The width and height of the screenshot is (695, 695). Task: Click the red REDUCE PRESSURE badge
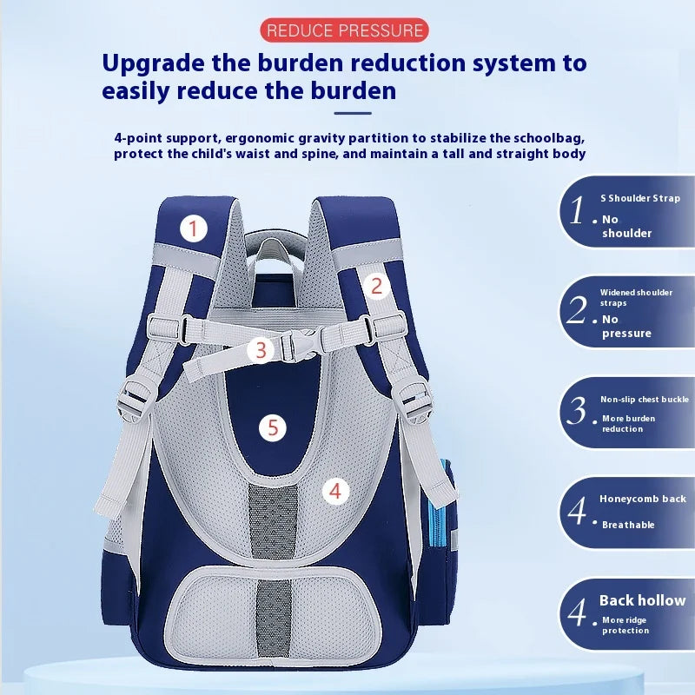pyautogui.click(x=344, y=30)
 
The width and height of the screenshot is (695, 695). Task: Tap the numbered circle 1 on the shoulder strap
pyautogui.click(x=193, y=228)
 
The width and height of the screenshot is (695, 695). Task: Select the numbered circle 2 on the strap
pyautogui.click(x=376, y=286)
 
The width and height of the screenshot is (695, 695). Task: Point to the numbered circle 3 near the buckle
pyautogui.click(x=261, y=350)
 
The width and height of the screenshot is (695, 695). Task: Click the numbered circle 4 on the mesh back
pyautogui.click(x=335, y=491)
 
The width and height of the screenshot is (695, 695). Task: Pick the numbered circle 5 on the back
pyautogui.click(x=273, y=427)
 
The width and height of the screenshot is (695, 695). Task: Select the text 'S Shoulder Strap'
pyautogui.click(x=640, y=198)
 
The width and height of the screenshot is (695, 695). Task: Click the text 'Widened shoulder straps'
pyautogui.click(x=636, y=297)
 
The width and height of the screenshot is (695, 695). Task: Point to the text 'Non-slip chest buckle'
pyautogui.click(x=645, y=400)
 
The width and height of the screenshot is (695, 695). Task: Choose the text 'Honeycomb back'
pyautogui.click(x=643, y=499)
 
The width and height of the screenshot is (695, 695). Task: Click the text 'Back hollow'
pyautogui.click(x=642, y=600)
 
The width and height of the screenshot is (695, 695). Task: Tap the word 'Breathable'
pyautogui.click(x=628, y=525)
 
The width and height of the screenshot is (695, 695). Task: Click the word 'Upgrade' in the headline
pyautogui.click(x=154, y=63)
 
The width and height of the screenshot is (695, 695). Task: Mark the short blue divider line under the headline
pyautogui.click(x=353, y=114)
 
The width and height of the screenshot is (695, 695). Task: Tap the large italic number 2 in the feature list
pyautogui.click(x=577, y=309)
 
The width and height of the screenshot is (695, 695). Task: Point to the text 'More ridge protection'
pyautogui.click(x=625, y=625)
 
